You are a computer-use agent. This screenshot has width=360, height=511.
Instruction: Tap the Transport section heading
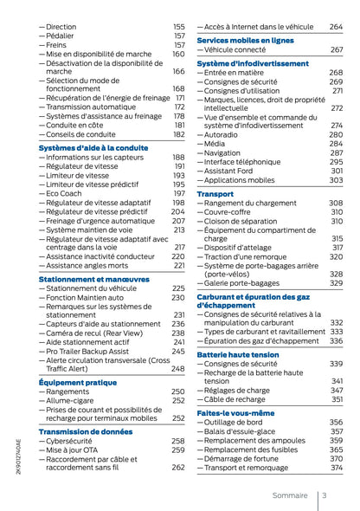pos(215,193)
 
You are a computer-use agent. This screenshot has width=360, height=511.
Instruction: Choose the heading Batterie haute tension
pos(237,354)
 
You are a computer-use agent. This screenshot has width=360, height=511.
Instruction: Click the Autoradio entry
pos(223,134)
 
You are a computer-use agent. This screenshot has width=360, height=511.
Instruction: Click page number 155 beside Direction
pos(178,28)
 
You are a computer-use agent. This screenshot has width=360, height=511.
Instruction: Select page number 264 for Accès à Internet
pos(336,27)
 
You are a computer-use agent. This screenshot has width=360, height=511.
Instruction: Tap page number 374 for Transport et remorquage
pos(336,468)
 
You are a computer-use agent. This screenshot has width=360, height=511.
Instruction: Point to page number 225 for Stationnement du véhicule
pos(178,288)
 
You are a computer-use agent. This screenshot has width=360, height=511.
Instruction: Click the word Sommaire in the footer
pos(289,495)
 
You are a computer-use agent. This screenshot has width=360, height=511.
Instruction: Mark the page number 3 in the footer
pos(323,495)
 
